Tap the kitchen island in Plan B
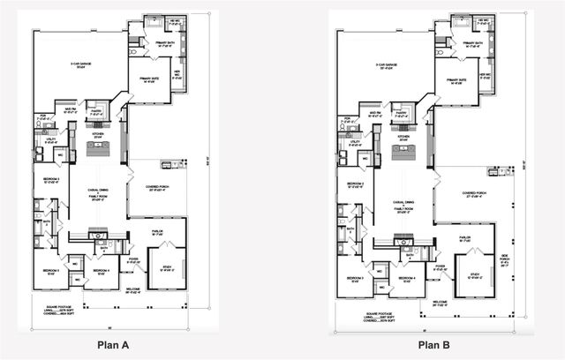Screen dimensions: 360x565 pos(403,153)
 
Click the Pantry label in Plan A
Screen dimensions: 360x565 pos(97,112)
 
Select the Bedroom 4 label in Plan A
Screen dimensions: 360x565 pos(102,271)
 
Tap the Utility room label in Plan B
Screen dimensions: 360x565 pos(354,141)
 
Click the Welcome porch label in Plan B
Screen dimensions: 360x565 pos(439,303)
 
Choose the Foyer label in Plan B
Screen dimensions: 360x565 pos(439,267)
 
